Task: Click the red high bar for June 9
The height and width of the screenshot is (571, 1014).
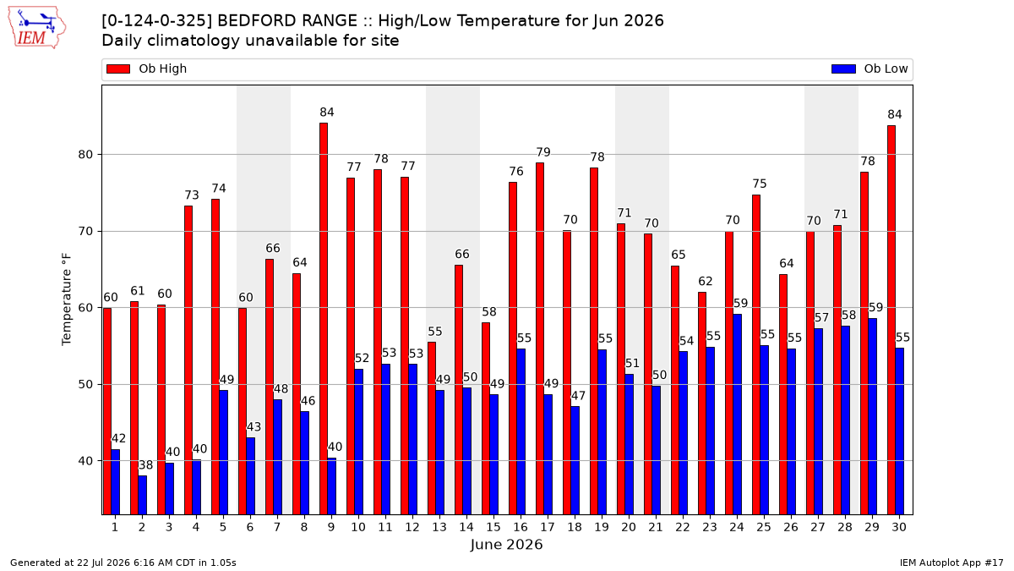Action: click(x=324, y=319)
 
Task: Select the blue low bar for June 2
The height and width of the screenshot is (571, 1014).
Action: click(x=143, y=496)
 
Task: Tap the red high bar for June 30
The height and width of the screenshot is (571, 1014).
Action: click(x=891, y=320)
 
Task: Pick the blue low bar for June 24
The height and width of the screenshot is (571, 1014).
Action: click(x=738, y=415)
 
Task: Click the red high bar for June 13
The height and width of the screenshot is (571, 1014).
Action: click(x=432, y=428)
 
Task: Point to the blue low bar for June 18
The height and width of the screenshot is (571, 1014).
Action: click(x=575, y=460)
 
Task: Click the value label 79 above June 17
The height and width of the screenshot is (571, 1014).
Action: click(x=543, y=151)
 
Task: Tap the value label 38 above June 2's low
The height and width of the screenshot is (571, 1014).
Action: click(x=145, y=465)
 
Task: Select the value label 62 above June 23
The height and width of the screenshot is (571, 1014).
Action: click(x=706, y=282)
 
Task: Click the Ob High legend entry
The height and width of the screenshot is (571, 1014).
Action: click(x=147, y=69)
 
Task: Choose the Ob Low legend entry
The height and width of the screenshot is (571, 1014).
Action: click(x=870, y=69)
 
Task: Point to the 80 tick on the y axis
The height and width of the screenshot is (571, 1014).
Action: click(x=85, y=155)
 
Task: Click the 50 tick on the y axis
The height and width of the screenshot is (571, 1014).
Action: click(x=85, y=385)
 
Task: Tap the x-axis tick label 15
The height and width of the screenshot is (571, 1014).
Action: click(x=493, y=527)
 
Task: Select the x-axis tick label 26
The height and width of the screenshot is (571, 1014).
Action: click(x=791, y=527)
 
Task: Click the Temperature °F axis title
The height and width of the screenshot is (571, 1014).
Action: click(x=67, y=300)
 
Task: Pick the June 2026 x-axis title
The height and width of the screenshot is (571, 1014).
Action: click(x=506, y=545)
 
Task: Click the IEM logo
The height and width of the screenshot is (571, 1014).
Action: click(x=36, y=28)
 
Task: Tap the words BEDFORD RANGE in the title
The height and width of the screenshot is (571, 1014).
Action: click(x=287, y=21)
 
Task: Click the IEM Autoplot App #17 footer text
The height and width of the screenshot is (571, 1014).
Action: click(x=951, y=563)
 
